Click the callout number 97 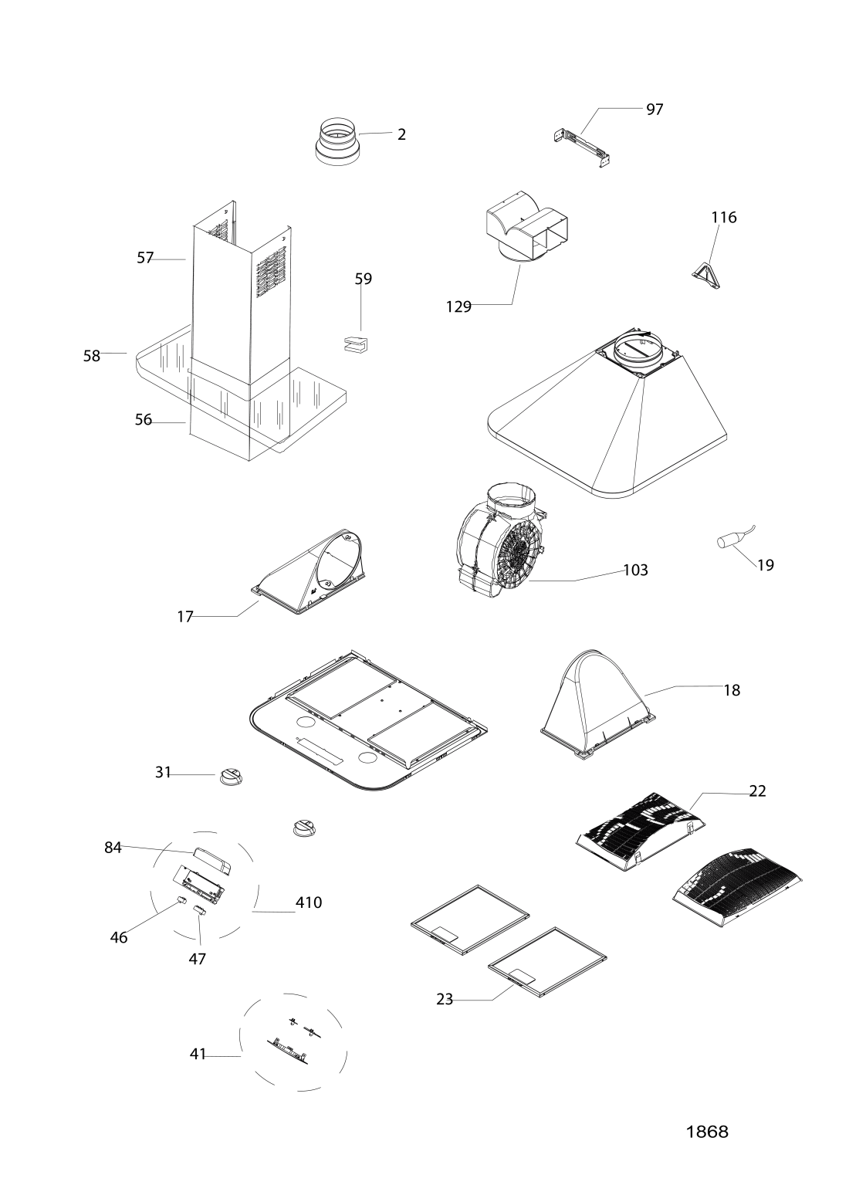[x=655, y=110]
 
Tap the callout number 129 [x=458, y=306]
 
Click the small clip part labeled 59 [x=356, y=344]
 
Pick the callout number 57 [x=145, y=259]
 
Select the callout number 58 [x=92, y=356]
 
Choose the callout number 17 [x=184, y=617]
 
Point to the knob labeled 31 [x=231, y=776]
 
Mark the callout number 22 [x=757, y=791]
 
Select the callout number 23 [x=445, y=999]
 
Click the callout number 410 [x=309, y=902]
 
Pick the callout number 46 [x=119, y=938]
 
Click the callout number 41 [x=198, y=1054]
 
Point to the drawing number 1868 [x=707, y=1132]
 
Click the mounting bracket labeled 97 [x=583, y=147]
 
